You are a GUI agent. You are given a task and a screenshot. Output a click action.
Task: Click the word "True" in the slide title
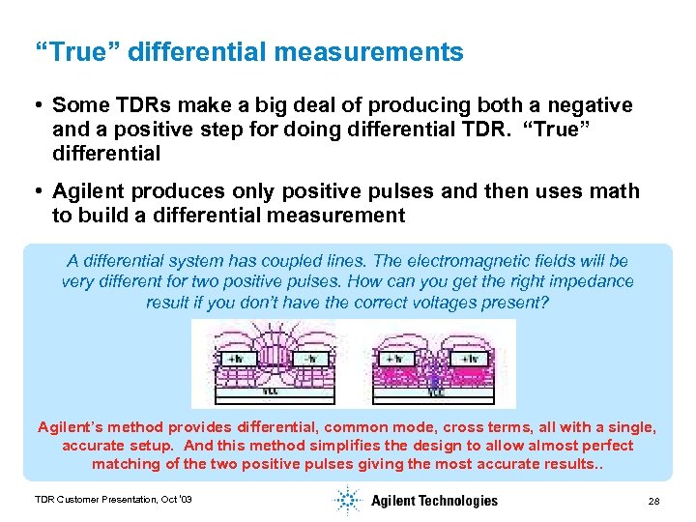pos(74,52)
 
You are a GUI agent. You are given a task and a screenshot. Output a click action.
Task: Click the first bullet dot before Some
pos(38,104)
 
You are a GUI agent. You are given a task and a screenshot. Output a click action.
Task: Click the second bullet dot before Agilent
pos(38,191)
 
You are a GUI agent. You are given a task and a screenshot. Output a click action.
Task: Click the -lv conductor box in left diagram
pos(311,358)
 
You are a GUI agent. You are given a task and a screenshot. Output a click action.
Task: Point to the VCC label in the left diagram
pos(272,392)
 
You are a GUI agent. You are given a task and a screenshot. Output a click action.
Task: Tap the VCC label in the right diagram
pos(436,392)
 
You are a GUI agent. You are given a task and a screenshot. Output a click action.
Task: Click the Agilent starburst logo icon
pos(347,500)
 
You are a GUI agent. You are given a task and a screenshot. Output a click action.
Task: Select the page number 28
pos(653,501)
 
